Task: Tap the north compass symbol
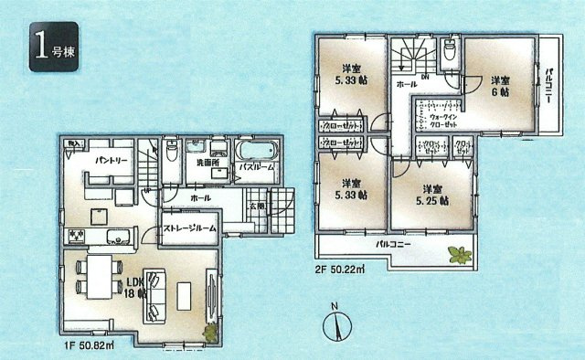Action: pyautogui.click(x=335, y=323)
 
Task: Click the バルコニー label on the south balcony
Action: pyautogui.click(x=394, y=246)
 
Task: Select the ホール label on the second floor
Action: pyautogui.click(x=406, y=84)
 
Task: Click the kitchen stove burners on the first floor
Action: pyautogui.click(x=75, y=238)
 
